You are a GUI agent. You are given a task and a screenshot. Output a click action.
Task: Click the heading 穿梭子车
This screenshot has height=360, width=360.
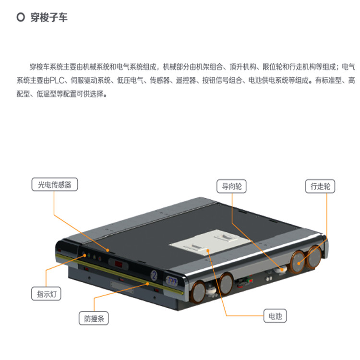click(49, 18)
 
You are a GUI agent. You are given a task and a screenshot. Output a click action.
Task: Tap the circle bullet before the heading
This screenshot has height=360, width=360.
click(21, 17)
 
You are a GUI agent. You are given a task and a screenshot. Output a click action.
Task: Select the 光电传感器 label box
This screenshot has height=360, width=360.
click(55, 184)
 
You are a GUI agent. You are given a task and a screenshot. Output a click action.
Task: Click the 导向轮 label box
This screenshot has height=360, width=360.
click(231, 186)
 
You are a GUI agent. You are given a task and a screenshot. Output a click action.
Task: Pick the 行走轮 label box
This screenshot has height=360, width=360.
click(320, 186)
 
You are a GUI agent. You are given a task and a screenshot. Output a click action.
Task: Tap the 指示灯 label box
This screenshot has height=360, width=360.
click(46, 294)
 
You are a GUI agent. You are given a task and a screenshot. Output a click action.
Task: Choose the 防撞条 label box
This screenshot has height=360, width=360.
click(94, 318)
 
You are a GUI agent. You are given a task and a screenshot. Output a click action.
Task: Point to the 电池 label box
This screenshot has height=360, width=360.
click(275, 316)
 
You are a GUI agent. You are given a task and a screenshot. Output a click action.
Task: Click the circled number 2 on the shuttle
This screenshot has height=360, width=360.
click(154, 275)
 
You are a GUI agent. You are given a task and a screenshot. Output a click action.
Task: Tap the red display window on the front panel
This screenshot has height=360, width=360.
click(119, 264)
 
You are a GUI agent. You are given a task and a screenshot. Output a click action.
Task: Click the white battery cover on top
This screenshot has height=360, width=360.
click(210, 242)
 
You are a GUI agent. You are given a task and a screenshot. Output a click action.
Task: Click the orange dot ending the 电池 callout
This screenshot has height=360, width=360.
click(208, 251)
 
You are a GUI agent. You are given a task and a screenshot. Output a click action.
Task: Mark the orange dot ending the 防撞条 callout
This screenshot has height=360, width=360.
click(148, 284)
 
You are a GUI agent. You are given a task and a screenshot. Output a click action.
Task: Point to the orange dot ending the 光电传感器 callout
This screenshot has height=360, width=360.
click(108, 250)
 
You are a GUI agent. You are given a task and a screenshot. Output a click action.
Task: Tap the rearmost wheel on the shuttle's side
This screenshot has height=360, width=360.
click(314, 257)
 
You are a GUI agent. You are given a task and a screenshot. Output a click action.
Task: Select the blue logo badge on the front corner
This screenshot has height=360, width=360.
click(172, 281)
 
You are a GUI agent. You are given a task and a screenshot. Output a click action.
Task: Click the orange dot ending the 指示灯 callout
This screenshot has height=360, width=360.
click(84, 255)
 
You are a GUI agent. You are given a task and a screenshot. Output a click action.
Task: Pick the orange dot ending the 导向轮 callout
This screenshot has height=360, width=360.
click(282, 270)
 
